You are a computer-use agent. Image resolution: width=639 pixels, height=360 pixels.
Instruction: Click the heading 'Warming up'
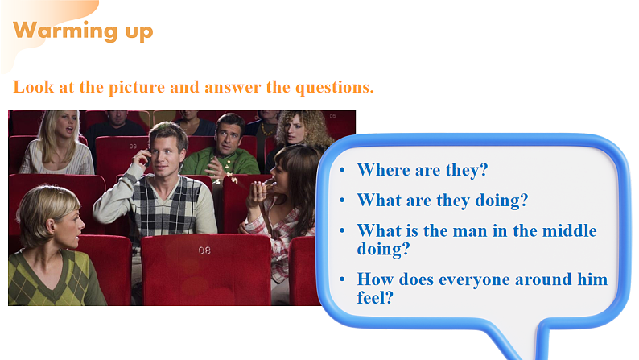83,31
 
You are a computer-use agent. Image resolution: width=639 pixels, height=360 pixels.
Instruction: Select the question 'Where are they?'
423,170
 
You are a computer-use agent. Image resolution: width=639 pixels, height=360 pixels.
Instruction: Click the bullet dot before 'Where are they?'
343,171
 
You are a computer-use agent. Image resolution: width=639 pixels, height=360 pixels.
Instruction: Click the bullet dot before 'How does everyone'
343,280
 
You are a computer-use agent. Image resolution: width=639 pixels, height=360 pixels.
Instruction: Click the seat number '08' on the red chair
204,250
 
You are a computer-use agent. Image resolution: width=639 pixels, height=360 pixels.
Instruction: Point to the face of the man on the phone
169,147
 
